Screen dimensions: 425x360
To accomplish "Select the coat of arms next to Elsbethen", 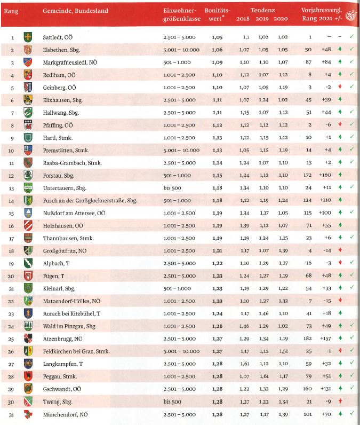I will (28, 50).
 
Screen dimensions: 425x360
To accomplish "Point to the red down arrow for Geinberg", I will (339, 87).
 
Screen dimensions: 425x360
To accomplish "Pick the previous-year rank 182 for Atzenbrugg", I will (309, 339).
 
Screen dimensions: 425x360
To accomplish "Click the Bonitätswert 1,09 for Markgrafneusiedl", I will (217, 62).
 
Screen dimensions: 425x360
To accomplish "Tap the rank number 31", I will (12, 414).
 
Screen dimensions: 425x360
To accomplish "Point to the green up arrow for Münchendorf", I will (339, 414).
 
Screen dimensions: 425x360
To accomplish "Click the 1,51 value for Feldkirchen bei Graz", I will (283, 351).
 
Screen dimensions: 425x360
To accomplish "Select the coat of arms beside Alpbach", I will (28, 263).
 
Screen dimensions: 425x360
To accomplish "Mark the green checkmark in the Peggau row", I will (351, 376).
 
